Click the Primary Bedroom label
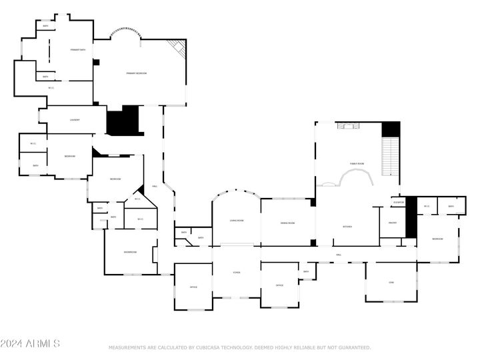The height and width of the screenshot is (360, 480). click(x=137, y=73)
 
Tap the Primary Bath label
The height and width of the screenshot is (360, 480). click(x=78, y=50)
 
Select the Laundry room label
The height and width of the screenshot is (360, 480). click(x=75, y=120)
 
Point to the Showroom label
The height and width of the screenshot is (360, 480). click(x=130, y=252)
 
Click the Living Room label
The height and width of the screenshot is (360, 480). click(x=237, y=220)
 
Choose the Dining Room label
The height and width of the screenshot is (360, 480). click(x=287, y=223)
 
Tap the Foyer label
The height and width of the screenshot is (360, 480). click(x=236, y=273)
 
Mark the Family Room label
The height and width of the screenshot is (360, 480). click(x=357, y=163)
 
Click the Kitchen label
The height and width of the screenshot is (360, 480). click(x=347, y=227)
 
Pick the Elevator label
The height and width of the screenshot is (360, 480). click(x=399, y=202)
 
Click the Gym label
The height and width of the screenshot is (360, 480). click(x=391, y=283)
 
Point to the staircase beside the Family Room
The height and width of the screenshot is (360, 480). click(x=390, y=157)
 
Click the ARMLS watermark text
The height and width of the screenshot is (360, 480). click(x=30, y=344)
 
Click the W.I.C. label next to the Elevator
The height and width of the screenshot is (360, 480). click(x=427, y=206)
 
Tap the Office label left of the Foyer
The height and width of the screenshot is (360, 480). click(x=193, y=287)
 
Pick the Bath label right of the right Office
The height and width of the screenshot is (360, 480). click(x=306, y=271)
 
